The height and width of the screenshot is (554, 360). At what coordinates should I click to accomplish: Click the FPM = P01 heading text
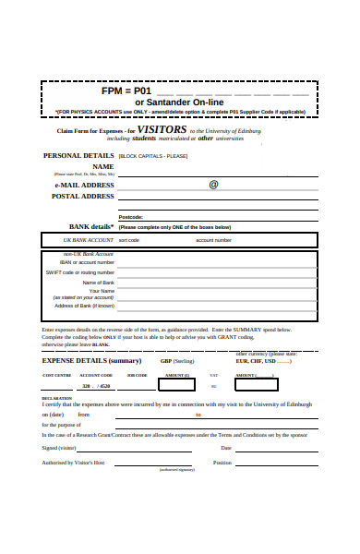click(126, 91)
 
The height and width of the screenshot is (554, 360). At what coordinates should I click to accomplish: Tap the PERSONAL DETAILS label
click(78, 156)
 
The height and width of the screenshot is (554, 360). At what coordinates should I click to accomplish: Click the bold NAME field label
click(102, 166)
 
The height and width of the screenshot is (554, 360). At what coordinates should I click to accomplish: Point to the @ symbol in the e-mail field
click(213, 184)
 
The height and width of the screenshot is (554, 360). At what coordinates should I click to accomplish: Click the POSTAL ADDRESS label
click(83, 196)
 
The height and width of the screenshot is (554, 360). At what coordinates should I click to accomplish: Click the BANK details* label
click(91, 226)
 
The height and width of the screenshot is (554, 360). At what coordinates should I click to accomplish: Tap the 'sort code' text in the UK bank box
click(129, 240)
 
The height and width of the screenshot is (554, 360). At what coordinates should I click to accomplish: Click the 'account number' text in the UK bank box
click(213, 240)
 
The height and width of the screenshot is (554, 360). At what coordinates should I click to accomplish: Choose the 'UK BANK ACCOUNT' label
click(81, 240)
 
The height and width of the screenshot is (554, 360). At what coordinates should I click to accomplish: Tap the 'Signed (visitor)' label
click(60, 448)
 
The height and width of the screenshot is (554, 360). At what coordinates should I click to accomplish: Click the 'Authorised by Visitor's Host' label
click(73, 462)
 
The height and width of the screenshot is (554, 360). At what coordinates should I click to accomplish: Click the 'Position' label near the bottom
click(222, 462)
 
